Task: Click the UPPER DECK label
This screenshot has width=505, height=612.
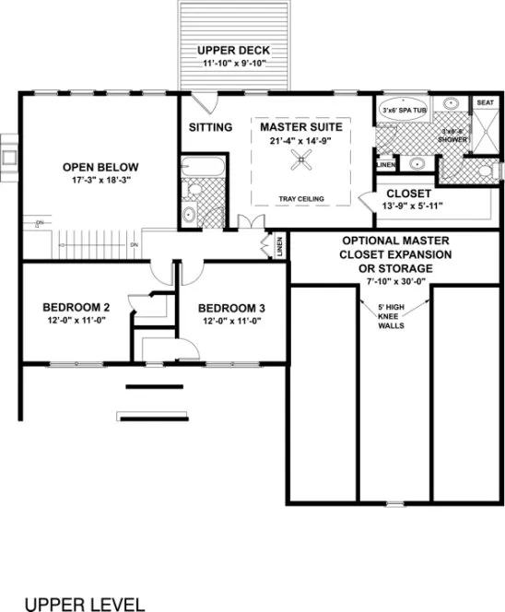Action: click(234, 49)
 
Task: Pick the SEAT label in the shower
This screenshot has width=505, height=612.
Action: click(485, 102)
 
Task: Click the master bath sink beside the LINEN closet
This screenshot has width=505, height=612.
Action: click(416, 163)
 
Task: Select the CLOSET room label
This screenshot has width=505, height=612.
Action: click(408, 194)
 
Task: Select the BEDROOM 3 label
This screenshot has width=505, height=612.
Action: click(231, 308)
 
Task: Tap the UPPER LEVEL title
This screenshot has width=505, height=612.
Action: click(84, 604)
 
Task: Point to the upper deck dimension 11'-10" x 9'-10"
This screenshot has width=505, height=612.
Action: click(234, 64)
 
